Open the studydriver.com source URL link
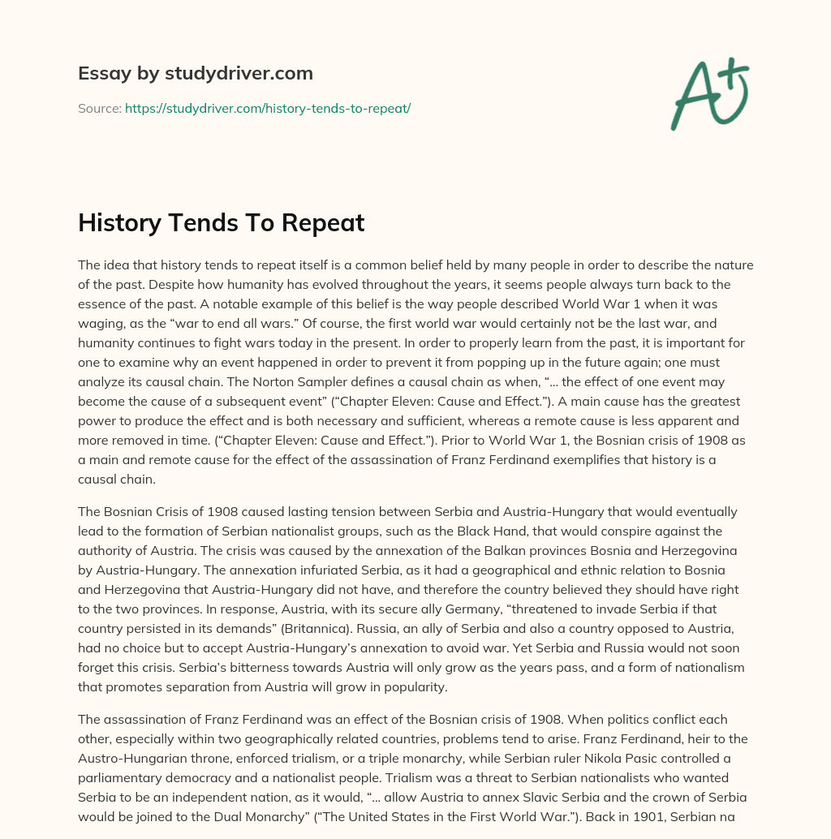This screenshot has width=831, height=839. click(x=268, y=108)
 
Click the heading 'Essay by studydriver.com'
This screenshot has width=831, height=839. click(x=196, y=74)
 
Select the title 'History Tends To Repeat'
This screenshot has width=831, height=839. click(x=221, y=223)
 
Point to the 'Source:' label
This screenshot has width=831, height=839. click(x=100, y=108)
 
